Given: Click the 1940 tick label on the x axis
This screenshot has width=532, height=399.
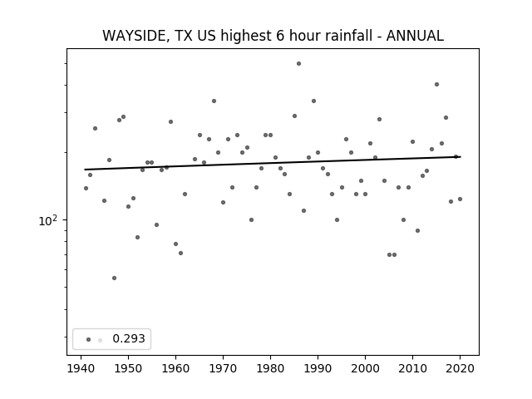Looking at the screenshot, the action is [x=81, y=368].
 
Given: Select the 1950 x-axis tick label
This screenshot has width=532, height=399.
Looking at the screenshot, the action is [x=128, y=368].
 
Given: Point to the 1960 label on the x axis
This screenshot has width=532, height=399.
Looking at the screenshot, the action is [x=175, y=368].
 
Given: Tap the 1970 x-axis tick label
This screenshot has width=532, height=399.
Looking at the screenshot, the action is [x=223, y=368].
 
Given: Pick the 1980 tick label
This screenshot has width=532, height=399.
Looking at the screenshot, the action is [x=270, y=368].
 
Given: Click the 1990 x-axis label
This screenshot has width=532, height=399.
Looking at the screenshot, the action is [x=318, y=368].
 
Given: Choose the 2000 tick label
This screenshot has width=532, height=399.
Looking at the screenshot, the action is [x=365, y=368].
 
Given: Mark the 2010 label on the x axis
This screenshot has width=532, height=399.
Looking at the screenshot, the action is [x=412, y=368].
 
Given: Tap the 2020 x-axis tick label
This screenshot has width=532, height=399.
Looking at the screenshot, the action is [x=460, y=368].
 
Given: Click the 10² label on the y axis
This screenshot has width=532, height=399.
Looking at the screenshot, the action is [x=48, y=221].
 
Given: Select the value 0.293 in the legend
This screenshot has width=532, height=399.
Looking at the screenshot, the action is [x=129, y=338].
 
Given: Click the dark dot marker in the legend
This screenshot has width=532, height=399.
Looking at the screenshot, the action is [x=89, y=339].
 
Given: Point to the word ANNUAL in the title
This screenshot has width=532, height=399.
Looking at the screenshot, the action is [x=415, y=36].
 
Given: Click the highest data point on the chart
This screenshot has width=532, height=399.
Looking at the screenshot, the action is [x=298, y=63].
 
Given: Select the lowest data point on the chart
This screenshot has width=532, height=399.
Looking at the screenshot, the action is [x=115, y=278].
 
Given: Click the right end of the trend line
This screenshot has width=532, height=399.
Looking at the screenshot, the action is [x=461, y=157].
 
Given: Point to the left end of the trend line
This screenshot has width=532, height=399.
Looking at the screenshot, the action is [x=85, y=170].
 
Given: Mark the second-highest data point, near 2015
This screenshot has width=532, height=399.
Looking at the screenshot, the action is [x=436, y=84].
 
